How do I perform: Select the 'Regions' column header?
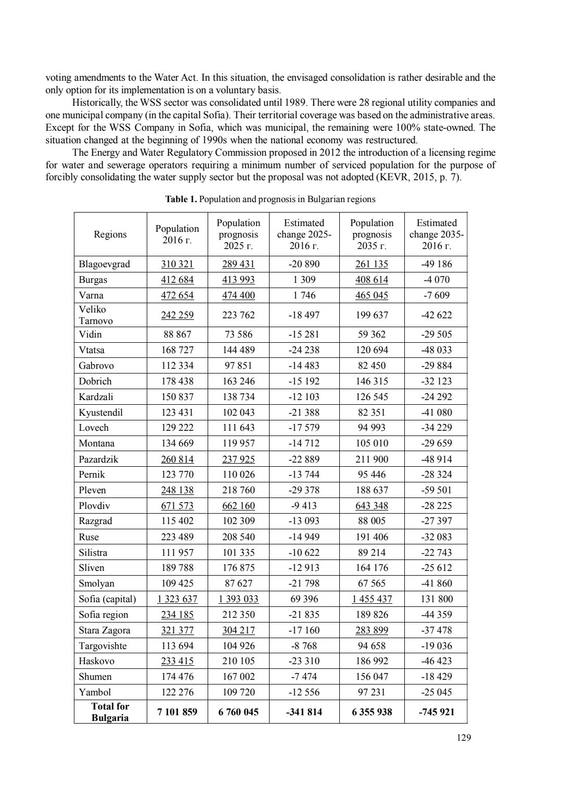point(110,234)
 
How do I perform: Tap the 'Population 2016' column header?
point(177,234)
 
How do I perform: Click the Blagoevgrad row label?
point(104,264)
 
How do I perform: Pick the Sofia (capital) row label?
point(107,599)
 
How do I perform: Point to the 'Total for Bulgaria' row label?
point(110,712)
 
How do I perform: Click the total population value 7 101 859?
point(177,712)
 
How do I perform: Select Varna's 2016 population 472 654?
point(177,295)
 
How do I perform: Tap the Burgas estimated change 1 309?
point(304,280)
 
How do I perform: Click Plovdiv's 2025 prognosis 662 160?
point(238,506)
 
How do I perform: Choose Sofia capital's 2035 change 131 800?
point(436,599)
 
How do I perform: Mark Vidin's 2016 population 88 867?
point(177,334)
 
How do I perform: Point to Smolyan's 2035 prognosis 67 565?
point(372,583)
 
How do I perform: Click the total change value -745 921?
point(436,712)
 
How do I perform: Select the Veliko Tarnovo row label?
point(96,315)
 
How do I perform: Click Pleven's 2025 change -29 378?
point(304,490)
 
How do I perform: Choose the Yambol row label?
point(95,692)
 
